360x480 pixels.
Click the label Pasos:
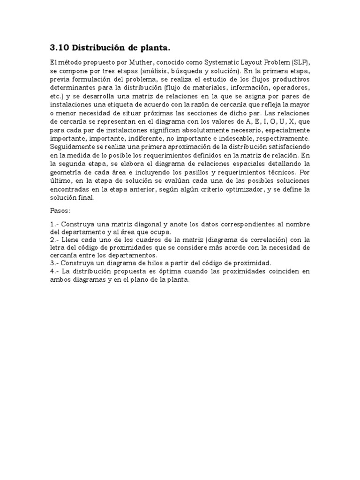60,210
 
